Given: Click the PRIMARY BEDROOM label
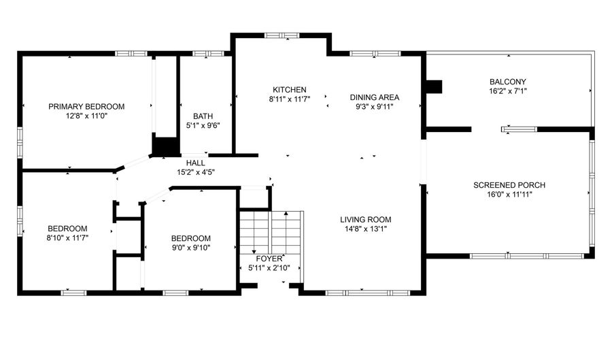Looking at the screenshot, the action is click(86, 107).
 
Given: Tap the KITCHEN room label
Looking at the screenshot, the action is click(290, 90).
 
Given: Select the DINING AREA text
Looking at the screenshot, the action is click(374, 97).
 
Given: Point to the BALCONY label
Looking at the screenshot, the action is click(508, 82).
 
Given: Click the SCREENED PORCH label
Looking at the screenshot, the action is click(509, 185).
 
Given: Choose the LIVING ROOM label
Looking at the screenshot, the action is click(365, 219).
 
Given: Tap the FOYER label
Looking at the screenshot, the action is click(269, 259).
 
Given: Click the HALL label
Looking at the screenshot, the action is click(196, 163).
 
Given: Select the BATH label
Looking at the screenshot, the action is click(203, 116).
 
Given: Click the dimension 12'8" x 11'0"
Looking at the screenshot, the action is click(86, 116).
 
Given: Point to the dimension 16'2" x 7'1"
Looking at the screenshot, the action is click(508, 91).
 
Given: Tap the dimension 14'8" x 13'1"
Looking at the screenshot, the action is click(365, 229).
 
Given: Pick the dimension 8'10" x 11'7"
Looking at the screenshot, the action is click(67, 238).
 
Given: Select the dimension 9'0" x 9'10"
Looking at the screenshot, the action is click(191, 248).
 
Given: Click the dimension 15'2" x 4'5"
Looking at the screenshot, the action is click(196, 172).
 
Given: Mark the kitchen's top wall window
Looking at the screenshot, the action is click(282, 35).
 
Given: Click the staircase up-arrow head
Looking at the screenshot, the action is click(286, 214).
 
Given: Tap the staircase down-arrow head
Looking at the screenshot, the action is click(254, 252).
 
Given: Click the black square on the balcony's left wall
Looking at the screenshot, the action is click(434, 86).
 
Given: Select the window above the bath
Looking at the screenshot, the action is click(207, 54).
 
